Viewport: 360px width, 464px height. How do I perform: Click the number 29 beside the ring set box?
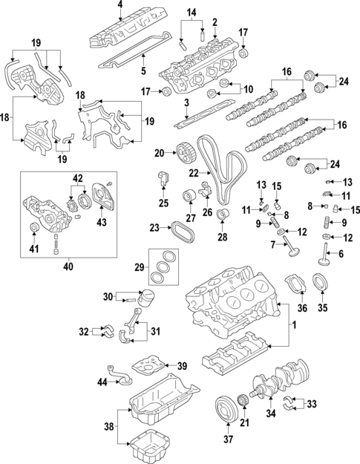(138, 267)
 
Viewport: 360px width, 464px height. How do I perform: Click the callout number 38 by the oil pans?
(108, 427)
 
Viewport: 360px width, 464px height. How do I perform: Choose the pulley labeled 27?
(188, 197)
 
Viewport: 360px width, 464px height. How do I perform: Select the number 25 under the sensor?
(163, 203)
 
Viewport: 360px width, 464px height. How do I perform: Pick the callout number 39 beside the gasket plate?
(182, 366)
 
